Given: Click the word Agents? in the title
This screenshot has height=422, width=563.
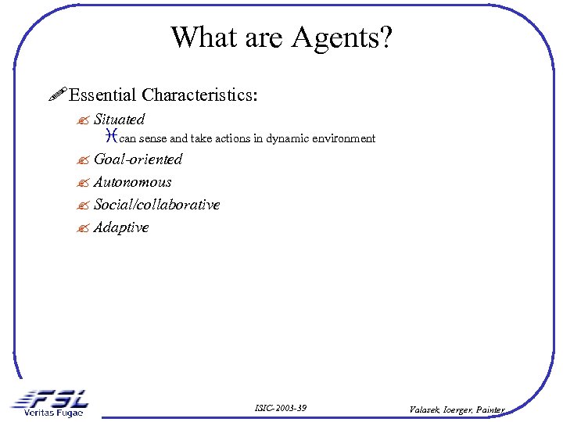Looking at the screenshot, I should (346, 38).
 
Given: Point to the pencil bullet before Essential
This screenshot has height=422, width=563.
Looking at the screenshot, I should (56, 95).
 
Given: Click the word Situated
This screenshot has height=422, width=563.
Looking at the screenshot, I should (119, 120).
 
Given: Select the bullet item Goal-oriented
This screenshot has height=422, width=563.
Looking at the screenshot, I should (138, 159).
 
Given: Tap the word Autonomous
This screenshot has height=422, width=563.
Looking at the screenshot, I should (132, 182).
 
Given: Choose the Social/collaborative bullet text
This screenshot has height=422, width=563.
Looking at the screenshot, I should (156, 205).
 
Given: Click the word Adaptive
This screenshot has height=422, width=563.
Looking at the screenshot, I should (120, 227).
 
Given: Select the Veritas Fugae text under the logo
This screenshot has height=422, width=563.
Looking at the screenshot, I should (52, 413).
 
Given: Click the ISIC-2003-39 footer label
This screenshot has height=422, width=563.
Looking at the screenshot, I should (281, 408).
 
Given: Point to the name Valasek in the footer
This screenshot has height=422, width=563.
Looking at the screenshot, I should (425, 409).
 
